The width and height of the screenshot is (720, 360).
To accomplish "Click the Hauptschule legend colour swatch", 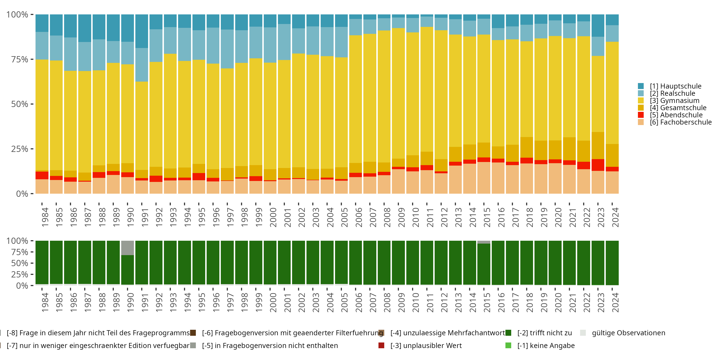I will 641,86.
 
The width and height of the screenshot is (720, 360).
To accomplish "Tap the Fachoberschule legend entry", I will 681,122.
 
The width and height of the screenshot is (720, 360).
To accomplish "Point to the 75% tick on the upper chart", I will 20,60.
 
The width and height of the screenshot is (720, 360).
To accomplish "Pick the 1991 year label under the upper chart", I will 144,217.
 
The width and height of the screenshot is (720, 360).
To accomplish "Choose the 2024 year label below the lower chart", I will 615,303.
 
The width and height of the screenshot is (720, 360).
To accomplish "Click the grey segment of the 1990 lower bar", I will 127,248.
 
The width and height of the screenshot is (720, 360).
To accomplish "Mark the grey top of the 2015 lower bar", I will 484,242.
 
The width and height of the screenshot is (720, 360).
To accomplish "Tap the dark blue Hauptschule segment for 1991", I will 142,31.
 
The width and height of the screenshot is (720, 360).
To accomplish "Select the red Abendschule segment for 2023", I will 598,165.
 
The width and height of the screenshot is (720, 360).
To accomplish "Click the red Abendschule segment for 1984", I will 42,175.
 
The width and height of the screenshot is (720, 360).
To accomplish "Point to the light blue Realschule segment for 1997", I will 227,49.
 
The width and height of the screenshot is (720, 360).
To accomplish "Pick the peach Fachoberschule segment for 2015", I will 484,178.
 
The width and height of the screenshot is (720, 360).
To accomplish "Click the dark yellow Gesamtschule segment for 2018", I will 527,147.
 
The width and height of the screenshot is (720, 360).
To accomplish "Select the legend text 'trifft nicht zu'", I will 545,333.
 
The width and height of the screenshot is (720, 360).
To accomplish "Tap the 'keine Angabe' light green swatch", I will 508,345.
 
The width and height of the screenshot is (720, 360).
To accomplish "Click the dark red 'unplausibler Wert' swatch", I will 381,345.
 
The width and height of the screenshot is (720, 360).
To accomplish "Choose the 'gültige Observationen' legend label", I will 628,333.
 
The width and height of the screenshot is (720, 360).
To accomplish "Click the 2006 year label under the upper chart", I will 358,217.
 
